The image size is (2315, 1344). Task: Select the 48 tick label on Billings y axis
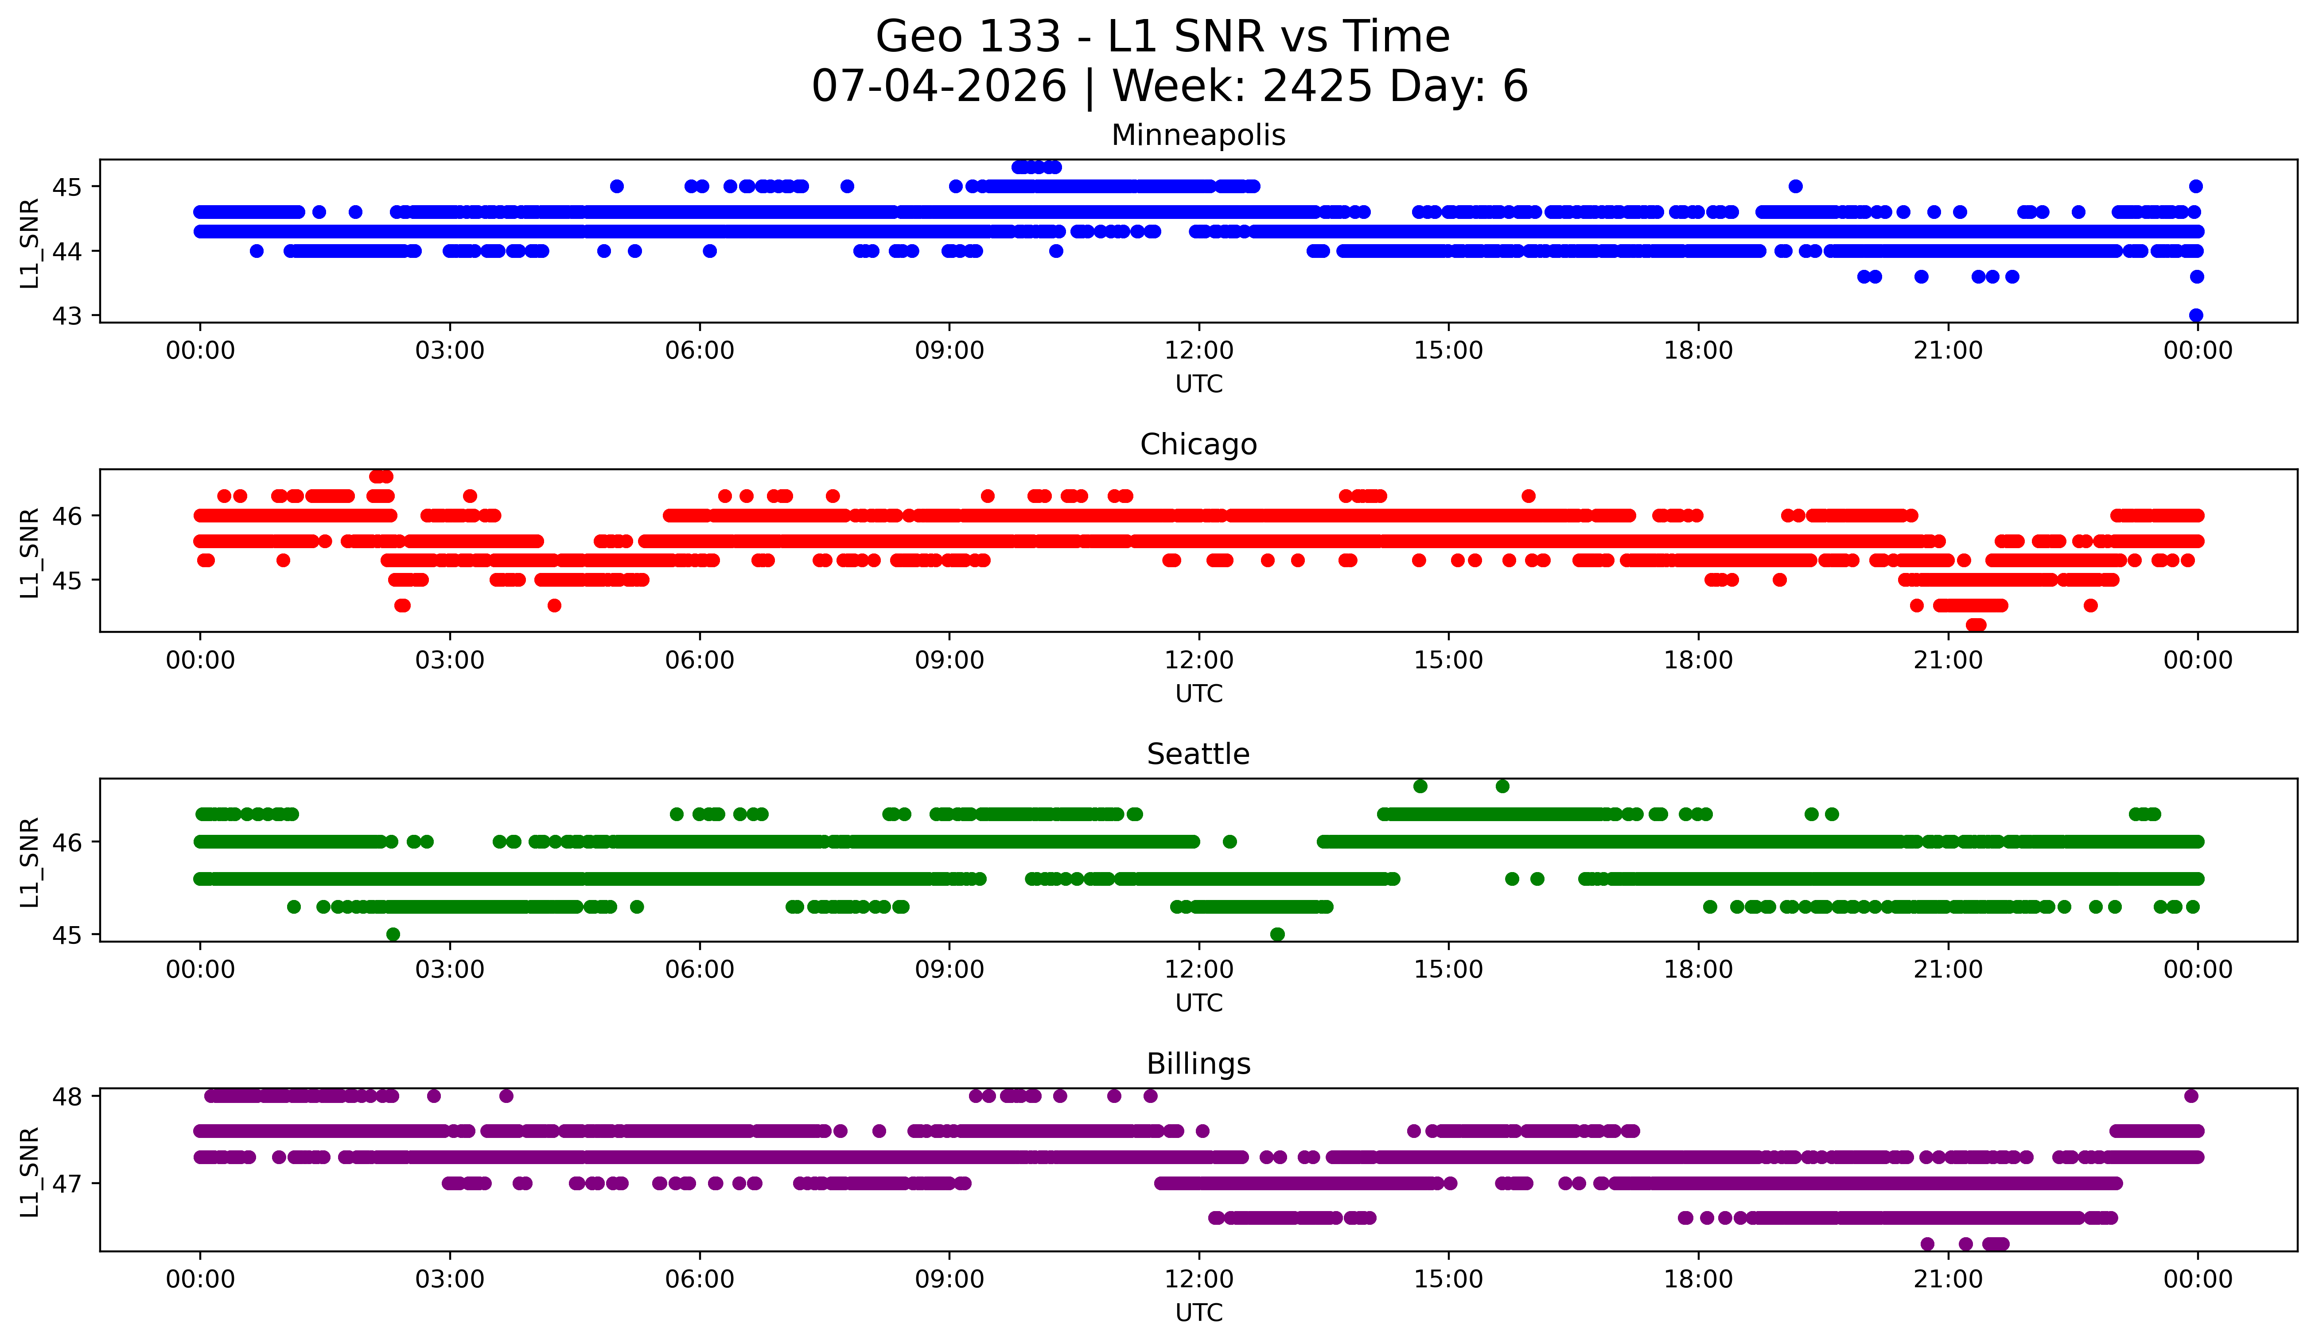pos(66,1096)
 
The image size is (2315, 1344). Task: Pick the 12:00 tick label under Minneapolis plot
pos(1199,351)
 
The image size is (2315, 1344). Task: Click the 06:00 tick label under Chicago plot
pos(700,661)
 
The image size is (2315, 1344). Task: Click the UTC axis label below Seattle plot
pos(1199,1003)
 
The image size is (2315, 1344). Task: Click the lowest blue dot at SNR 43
pos(2197,315)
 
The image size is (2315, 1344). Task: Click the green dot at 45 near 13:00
pos(1277,934)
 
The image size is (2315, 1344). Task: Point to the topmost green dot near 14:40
pos(1420,786)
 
